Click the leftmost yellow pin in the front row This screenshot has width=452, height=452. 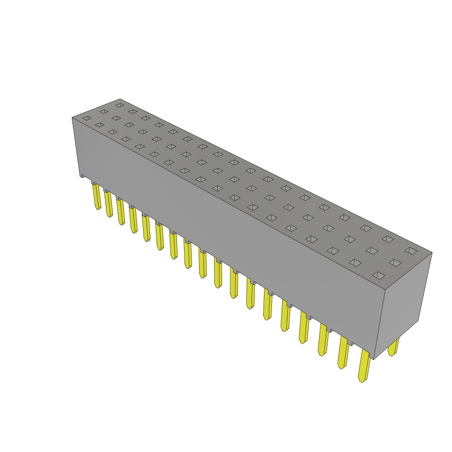pyautogui.click(x=96, y=196)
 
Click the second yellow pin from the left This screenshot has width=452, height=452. pyautogui.click(x=108, y=203)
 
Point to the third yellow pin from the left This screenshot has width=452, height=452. pyautogui.click(x=121, y=211)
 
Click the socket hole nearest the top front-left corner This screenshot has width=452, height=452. pyautogui.click(x=87, y=118)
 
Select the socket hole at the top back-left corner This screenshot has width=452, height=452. pyautogui.click(x=120, y=105)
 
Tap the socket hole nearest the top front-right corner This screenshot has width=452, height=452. pyautogui.click(x=379, y=275)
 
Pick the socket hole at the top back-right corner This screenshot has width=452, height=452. pyautogui.click(x=411, y=251)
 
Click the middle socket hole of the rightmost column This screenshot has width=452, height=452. pyautogui.click(x=395, y=263)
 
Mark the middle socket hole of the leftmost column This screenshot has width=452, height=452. pyautogui.click(x=104, y=112)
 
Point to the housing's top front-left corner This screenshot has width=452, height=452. pyautogui.click(x=72, y=117)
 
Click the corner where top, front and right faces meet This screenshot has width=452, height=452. pyautogui.click(x=385, y=290)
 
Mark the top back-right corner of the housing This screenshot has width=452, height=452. pyautogui.click(x=432, y=252)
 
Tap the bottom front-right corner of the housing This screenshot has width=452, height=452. pyautogui.click(x=374, y=359)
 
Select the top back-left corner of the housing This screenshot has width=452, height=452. pyautogui.click(x=120, y=99)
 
